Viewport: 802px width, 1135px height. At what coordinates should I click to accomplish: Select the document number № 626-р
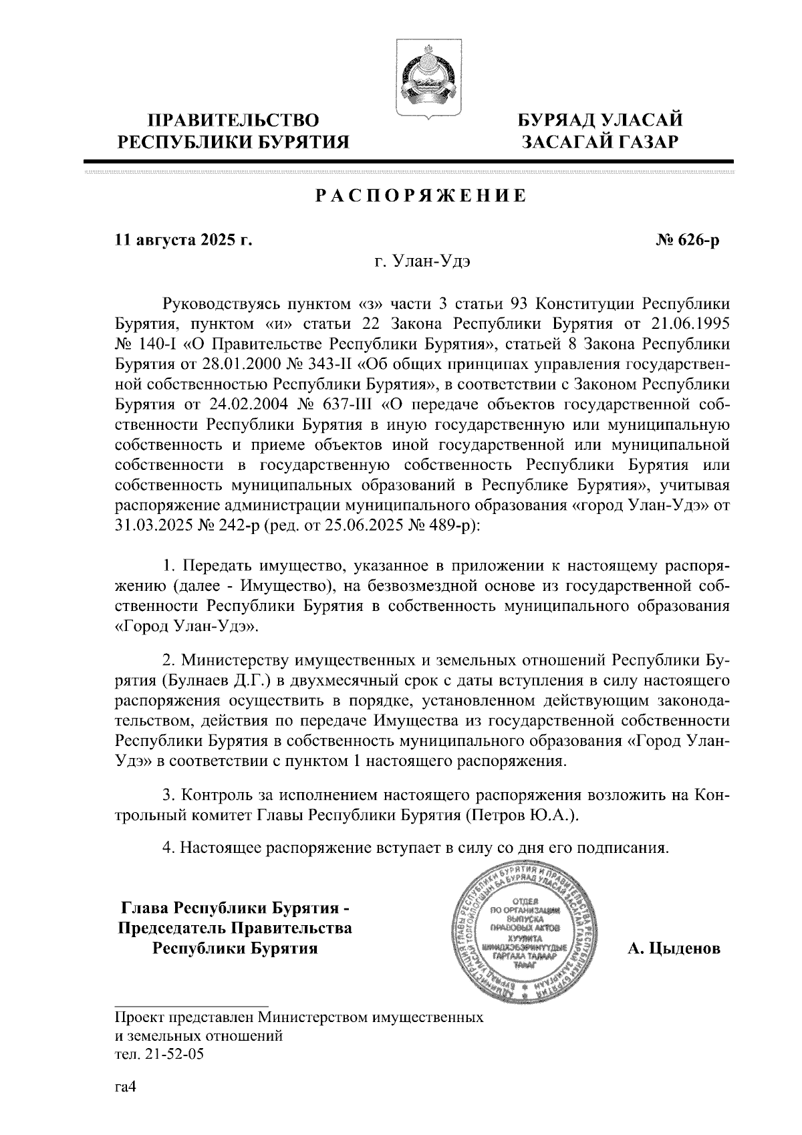click(x=688, y=240)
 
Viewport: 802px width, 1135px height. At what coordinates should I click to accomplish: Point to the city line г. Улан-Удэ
click(x=422, y=262)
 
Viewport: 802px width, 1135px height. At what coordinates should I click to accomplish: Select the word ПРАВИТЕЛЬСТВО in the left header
click(x=233, y=121)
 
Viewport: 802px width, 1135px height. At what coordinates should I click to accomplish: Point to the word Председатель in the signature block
click(x=173, y=928)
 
